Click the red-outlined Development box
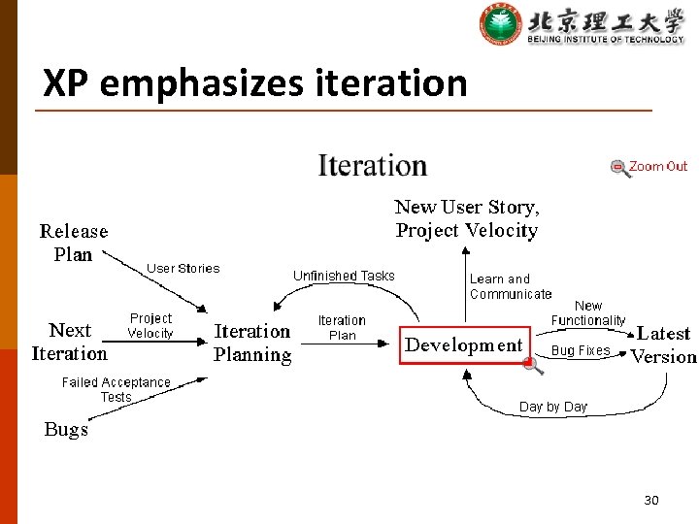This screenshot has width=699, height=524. (463, 345)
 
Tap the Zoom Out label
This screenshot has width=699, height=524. (657, 166)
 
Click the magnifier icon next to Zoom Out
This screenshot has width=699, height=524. (619, 167)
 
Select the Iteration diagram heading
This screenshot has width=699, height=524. (373, 166)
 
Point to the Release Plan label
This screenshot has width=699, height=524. (73, 243)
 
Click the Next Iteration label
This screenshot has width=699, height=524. (69, 342)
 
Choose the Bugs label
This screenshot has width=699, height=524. (66, 429)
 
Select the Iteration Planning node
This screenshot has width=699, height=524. (252, 343)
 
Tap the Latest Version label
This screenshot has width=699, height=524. (663, 344)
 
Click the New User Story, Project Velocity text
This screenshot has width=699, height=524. (467, 218)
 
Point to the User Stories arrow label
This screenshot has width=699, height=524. (183, 268)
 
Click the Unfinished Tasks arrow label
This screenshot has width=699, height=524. (344, 276)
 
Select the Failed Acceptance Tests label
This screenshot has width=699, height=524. (116, 389)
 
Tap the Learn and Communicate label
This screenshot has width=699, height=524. (511, 286)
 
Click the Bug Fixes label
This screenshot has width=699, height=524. (581, 350)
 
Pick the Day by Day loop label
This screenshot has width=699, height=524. (553, 407)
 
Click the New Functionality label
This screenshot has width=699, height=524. (588, 312)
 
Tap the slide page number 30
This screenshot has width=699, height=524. (650, 500)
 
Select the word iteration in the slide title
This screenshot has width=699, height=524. (391, 83)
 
